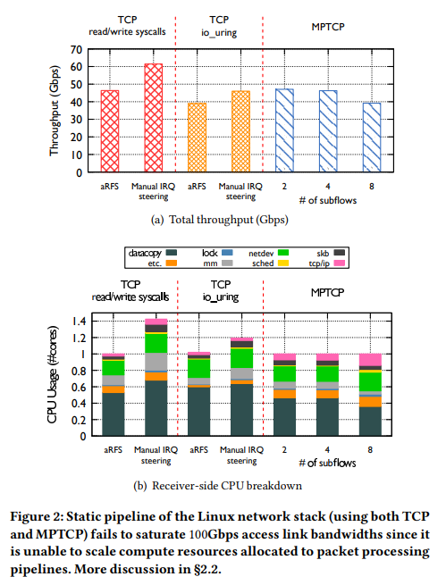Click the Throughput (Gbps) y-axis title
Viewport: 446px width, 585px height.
[55, 111]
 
